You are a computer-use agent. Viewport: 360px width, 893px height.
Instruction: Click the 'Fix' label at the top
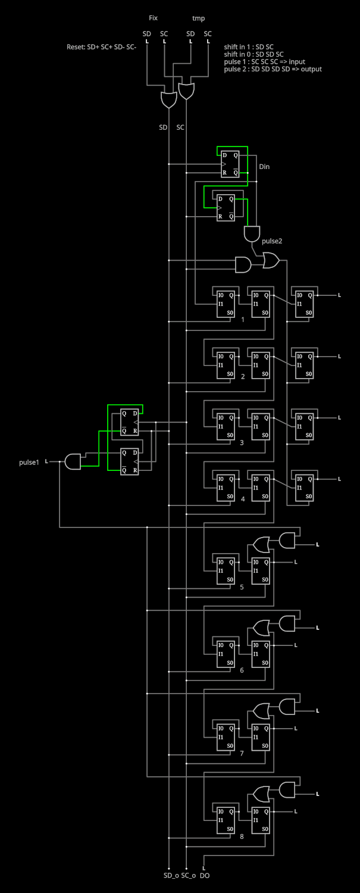153,18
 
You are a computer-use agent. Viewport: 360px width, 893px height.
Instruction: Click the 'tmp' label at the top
199,18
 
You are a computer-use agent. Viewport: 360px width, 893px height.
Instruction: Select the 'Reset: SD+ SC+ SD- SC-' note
101,47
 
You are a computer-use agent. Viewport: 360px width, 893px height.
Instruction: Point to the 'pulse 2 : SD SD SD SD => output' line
273,69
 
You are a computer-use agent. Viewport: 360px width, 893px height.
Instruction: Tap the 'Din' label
264,167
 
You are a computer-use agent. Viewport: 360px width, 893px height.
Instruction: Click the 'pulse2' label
272,241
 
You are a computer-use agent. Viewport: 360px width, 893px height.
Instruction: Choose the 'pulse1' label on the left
29,463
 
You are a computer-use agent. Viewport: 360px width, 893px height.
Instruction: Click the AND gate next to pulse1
73,461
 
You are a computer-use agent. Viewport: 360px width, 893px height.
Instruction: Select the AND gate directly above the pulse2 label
252,233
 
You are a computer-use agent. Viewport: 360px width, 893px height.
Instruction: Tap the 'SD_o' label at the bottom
171,876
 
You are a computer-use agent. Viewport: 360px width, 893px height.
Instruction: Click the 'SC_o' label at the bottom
188,876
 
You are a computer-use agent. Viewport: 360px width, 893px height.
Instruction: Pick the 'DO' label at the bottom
205,876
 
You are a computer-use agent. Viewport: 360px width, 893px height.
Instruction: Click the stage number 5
242,587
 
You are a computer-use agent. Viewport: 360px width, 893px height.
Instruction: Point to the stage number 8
242,836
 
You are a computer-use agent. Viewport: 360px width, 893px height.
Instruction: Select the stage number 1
242,319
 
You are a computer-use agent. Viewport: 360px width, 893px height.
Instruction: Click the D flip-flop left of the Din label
230,164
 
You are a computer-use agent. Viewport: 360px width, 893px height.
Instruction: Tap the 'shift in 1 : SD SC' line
248,47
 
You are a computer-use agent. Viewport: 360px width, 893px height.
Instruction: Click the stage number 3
242,442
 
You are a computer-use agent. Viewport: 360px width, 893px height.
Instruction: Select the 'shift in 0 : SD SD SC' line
253,54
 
